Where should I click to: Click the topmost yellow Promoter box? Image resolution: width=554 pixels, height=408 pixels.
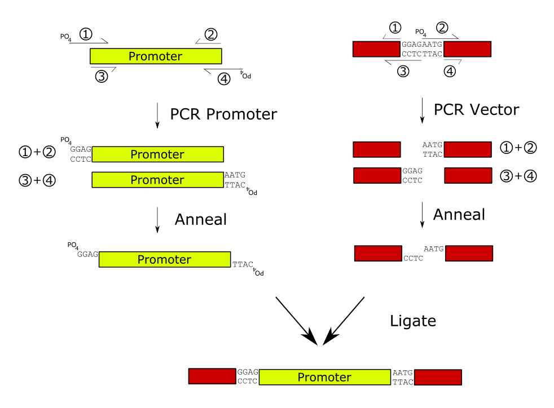[156, 56]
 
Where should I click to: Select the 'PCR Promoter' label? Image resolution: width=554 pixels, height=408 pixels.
[223, 114]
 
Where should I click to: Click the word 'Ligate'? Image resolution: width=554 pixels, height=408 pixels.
[413, 321]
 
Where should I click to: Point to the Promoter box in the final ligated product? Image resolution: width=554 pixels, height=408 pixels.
[324, 377]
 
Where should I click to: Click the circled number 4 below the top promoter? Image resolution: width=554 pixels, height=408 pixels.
[224, 79]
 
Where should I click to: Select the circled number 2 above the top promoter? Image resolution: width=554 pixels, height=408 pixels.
[211, 35]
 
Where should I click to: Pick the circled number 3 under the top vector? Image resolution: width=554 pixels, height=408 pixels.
[403, 72]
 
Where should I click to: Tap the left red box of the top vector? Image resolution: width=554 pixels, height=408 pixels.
[376, 49]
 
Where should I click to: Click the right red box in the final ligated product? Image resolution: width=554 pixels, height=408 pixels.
[438, 377]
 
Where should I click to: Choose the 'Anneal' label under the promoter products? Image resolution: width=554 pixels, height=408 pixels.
[201, 219]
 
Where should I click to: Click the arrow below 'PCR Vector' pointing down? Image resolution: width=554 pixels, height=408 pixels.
[423, 111]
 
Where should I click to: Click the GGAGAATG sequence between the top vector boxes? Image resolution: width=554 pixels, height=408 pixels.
[421, 45]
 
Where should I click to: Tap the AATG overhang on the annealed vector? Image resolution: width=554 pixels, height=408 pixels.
[433, 249]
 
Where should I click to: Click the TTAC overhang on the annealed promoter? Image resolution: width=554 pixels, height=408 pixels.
[243, 264]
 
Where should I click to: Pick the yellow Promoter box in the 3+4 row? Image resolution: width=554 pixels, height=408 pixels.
[157, 180]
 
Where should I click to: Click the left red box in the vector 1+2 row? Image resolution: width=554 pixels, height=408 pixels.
[376, 149]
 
